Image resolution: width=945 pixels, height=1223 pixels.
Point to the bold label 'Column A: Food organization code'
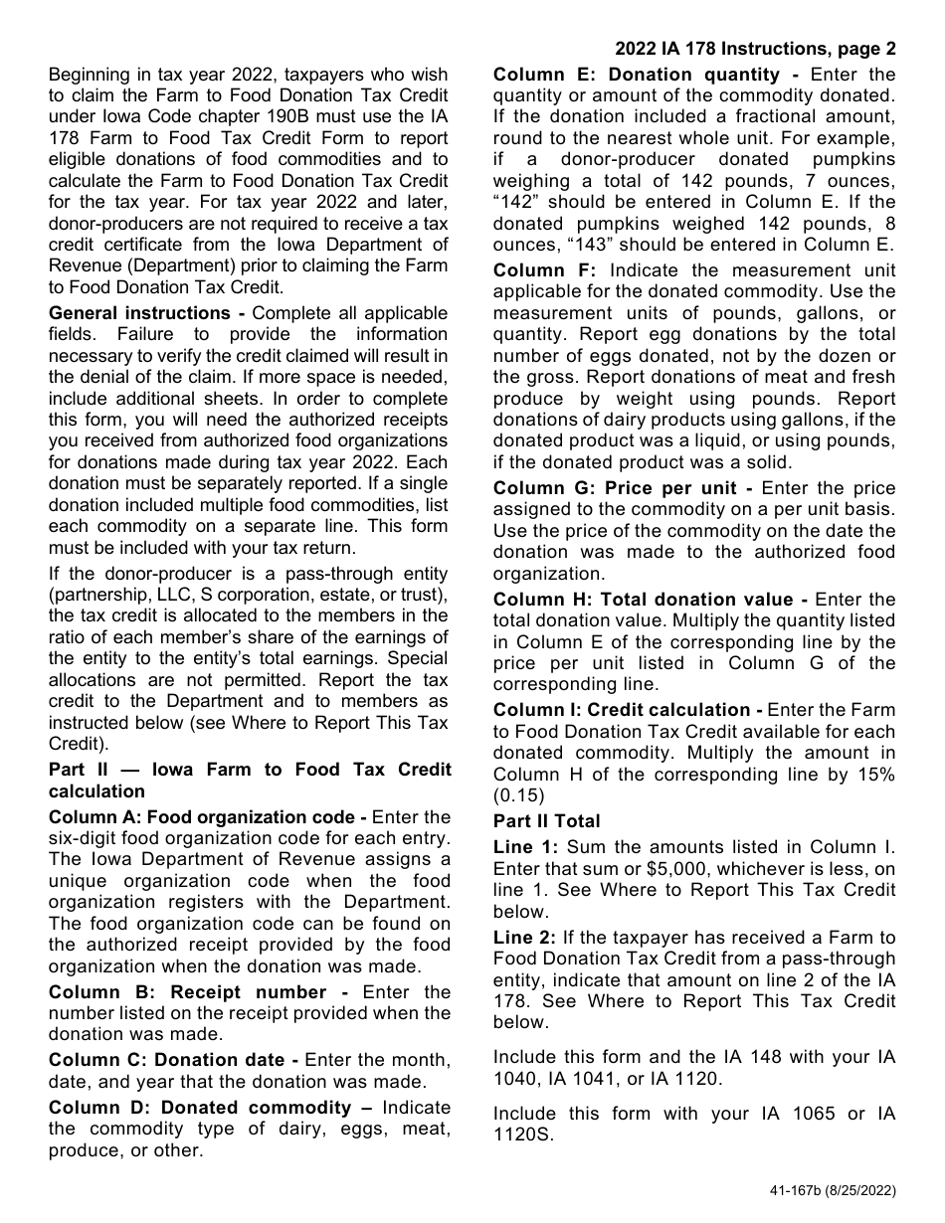(203, 817)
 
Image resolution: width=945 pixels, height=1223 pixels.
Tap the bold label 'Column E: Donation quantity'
(637, 75)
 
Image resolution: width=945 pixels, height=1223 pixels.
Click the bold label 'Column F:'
(545, 270)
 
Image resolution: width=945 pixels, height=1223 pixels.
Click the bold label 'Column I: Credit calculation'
(622, 710)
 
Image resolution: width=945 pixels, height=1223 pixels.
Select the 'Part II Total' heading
(546, 821)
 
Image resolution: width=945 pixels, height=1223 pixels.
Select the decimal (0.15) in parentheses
(520, 795)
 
